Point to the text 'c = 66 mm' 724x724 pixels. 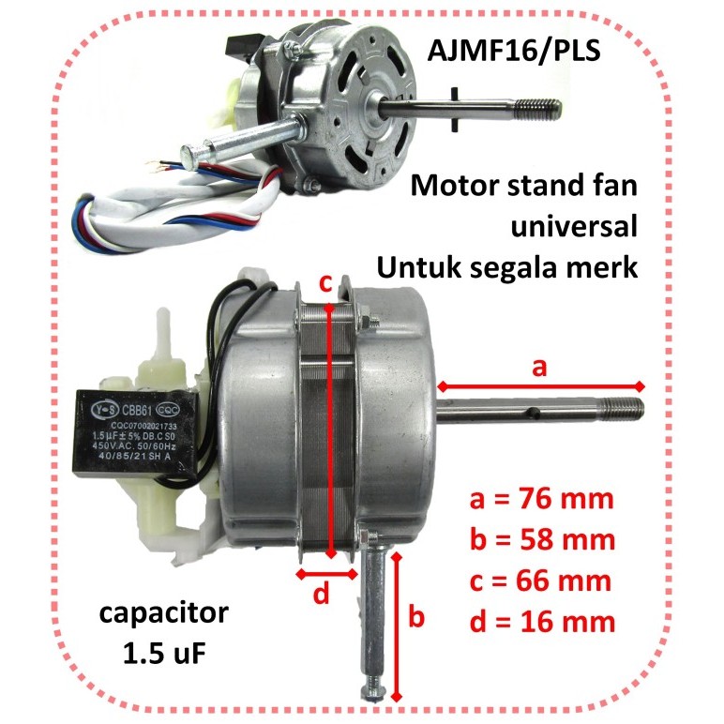point(541,581)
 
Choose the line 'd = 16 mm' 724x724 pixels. point(541,622)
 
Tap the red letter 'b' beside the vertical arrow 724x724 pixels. point(418,618)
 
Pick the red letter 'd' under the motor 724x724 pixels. point(321,594)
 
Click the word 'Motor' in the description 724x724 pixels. point(450,186)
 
